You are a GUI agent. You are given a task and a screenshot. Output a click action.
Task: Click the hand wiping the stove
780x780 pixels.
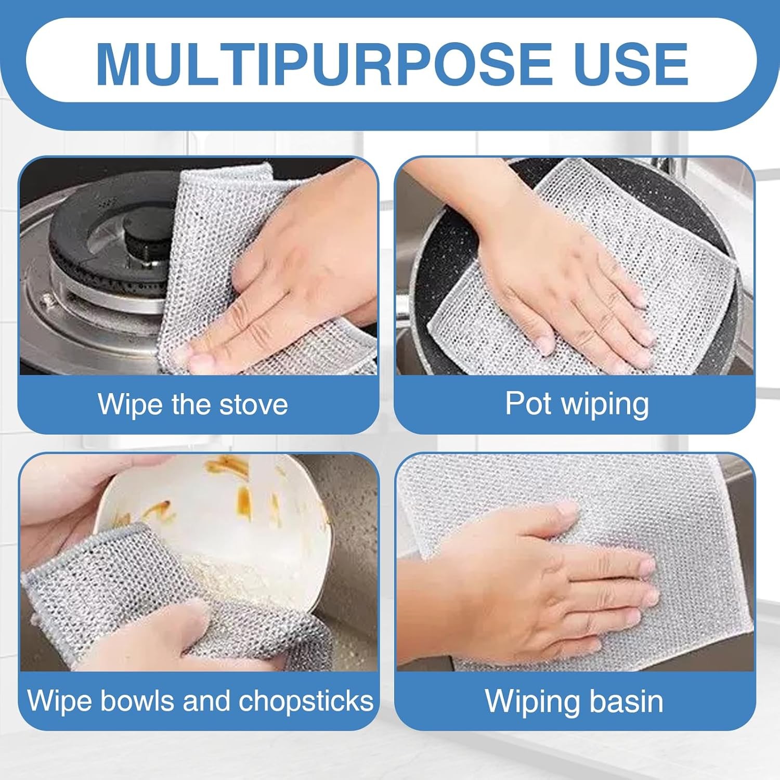(291, 291)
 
